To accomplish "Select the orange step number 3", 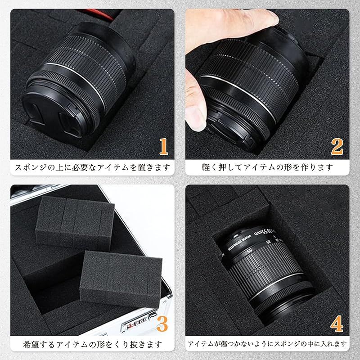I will coord(162,323).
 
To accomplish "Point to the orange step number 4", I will coord(337,323).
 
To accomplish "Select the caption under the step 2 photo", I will coord(267,167).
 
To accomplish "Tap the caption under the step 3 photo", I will coord(92,345).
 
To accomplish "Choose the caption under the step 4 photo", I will coord(267,345).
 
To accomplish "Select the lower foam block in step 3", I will coord(121,274).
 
